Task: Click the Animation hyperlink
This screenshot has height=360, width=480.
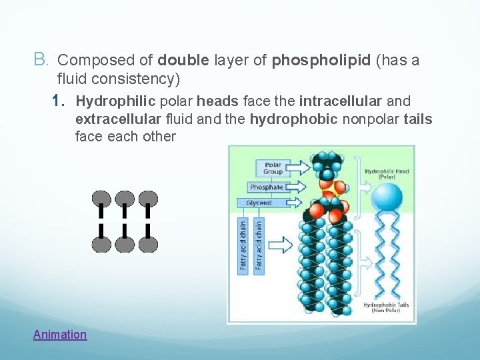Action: click(x=60, y=335)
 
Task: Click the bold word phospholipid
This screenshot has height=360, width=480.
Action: click(x=321, y=61)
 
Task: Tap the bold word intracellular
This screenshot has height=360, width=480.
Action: click(x=341, y=101)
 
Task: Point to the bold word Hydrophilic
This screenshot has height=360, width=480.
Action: click(x=115, y=101)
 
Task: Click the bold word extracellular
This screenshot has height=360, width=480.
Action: click(x=118, y=119)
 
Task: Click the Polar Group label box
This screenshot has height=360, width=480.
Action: click(x=273, y=167)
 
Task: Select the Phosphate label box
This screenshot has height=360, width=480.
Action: click(x=266, y=187)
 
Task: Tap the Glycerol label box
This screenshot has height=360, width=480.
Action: click(x=261, y=203)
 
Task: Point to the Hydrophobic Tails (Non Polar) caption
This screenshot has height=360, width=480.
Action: click(x=386, y=308)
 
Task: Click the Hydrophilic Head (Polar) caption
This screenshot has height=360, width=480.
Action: click(x=387, y=175)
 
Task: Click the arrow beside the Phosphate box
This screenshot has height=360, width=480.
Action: click(x=301, y=187)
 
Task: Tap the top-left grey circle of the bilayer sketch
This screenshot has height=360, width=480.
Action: click(x=101, y=199)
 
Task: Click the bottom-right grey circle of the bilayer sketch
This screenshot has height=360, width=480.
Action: click(x=148, y=243)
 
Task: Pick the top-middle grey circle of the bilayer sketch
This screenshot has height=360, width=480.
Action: click(x=125, y=199)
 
